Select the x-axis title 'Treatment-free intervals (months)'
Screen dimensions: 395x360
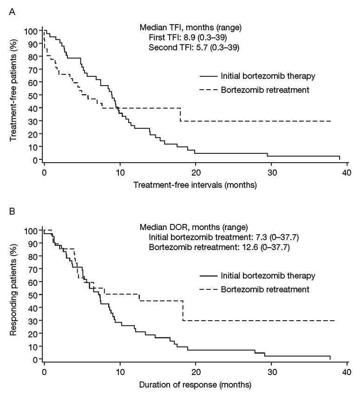(x=195, y=185)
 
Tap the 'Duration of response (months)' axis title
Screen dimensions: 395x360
(x=195, y=385)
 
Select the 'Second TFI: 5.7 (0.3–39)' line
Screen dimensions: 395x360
(x=194, y=47)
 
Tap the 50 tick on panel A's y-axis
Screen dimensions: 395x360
(x=34, y=95)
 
